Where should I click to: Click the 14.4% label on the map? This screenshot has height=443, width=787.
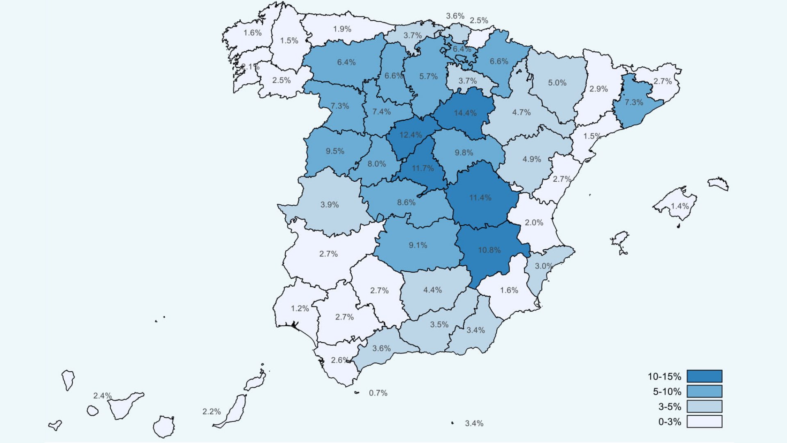[465, 113]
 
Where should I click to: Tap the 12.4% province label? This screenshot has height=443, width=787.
[410, 135]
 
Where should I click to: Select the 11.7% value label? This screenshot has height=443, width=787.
[423, 168]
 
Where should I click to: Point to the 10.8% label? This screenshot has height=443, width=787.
[489, 250]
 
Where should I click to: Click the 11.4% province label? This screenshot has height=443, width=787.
[480, 198]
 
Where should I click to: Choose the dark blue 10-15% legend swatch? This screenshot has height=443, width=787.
[704, 376]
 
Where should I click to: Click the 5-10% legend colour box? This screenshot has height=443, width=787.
[704, 391]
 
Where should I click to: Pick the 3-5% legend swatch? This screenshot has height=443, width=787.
[704, 406]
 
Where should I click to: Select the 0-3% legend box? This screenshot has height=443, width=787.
[704, 422]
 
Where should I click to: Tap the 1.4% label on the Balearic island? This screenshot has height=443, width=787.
[680, 206]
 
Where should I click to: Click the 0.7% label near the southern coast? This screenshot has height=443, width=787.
[378, 393]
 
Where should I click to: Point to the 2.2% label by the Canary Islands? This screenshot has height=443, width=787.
[212, 411]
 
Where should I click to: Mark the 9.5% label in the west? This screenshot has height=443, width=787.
[335, 151]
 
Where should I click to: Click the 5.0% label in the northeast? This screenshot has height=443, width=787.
[557, 83]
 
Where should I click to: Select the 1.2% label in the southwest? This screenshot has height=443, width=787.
[300, 308]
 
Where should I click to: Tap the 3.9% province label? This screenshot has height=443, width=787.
[330, 205]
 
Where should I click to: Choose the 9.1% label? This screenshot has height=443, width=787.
[418, 245]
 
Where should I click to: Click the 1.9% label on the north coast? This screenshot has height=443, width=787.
[342, 29]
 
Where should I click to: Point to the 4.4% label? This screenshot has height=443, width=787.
[432, 290]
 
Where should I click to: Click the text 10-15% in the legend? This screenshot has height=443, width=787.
[664, 377]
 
